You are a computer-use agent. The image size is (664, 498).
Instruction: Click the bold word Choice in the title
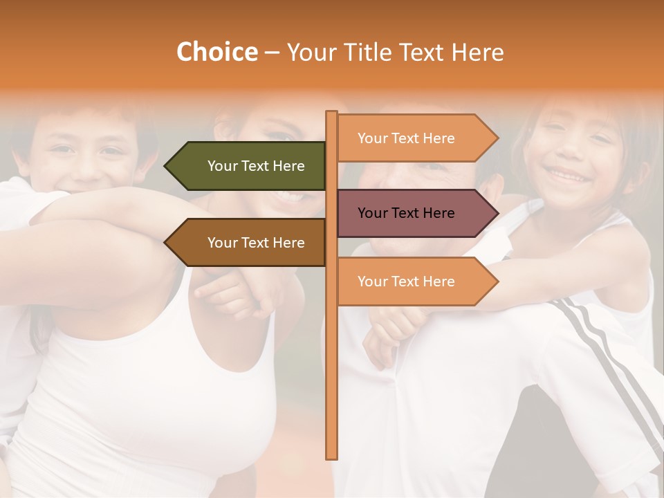[x=216, y=52]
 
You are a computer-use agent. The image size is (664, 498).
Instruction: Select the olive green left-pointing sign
[x=249, y=166]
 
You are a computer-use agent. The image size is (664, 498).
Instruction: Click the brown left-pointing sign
[x=249, y=243]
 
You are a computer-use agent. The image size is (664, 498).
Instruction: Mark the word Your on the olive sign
[x=222, y=166]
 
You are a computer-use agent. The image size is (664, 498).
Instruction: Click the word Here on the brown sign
[x=288, y=243]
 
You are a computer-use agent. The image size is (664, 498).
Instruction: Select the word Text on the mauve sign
[x=406, y=213]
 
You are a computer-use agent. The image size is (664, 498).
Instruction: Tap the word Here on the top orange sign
[x=438, y=138]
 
